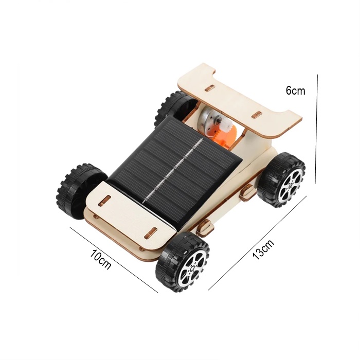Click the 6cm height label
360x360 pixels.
pyautogui.click(x=296, y=91)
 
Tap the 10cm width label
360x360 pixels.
pyautogui.click(x=100, y=259)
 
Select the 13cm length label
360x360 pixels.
pyautogui.click(x=263, y=249)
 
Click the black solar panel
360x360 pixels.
pyautogui.click(x=174, y=170)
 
